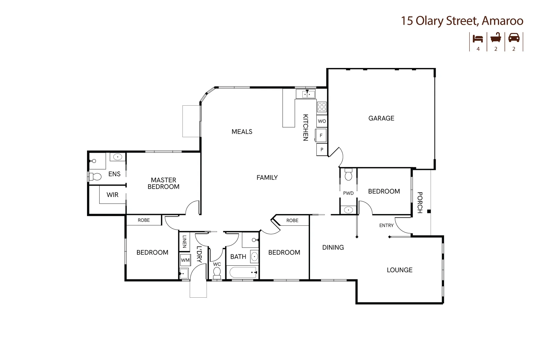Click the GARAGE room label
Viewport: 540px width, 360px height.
(381, 118)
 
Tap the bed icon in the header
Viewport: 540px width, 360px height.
(478, 39)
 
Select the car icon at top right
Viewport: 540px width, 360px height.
(514, 38)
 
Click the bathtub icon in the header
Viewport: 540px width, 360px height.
(496, 38)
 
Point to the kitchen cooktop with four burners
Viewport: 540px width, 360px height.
(322, 107)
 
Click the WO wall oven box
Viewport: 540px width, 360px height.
(322, 121)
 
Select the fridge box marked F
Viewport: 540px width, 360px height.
(321, 135)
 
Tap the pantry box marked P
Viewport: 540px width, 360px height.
(322, 149)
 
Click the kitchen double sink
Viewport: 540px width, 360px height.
(307, 94)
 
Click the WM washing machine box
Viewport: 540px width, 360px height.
(185, 260)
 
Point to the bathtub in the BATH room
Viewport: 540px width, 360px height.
(243, 272)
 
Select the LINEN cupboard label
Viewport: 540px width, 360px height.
(184, 241)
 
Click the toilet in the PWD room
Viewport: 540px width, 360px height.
(348, 175)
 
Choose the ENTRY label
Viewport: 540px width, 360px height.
(386, 225)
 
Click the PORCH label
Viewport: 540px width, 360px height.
(420, 202)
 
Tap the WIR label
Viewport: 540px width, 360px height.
(112, 195)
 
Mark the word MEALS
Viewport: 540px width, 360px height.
(242, 132)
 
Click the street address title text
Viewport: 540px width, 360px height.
(462, 21)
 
